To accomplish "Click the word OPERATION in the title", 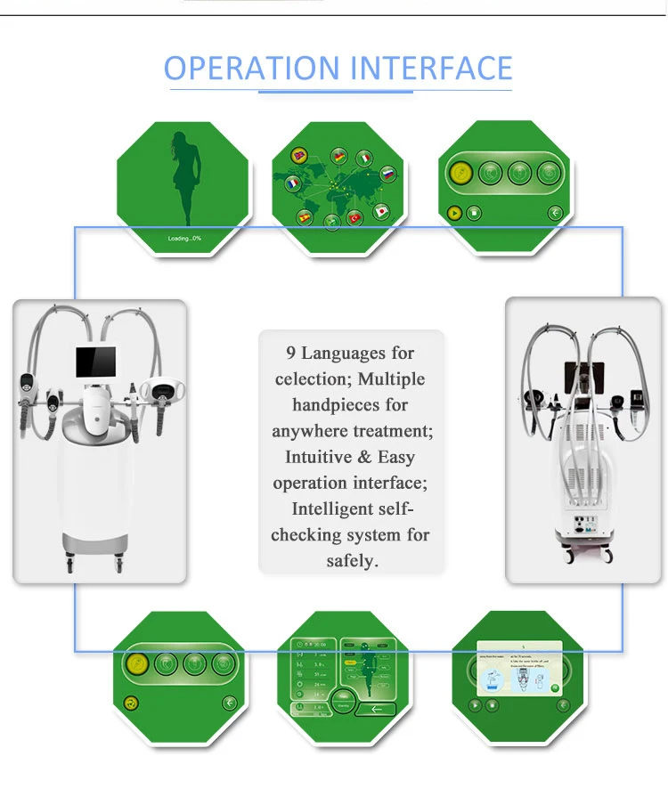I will coord(240,69).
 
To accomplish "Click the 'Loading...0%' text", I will coord(184,239).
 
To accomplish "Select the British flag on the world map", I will coord(296,155).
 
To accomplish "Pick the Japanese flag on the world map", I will coord(381,212).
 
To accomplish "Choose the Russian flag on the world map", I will coord(387,175).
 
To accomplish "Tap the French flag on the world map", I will coord(292,184).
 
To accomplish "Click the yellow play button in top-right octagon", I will coord(453,213).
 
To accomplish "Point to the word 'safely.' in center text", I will coord(353,561).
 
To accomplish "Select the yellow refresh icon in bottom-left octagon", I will coord(132,703).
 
